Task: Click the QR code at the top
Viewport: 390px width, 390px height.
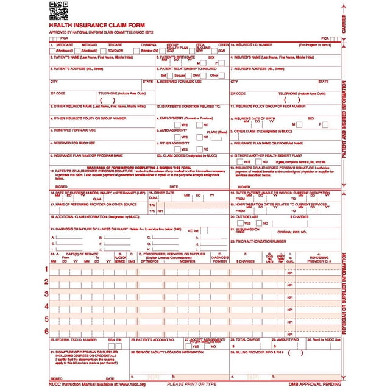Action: click(58, 10)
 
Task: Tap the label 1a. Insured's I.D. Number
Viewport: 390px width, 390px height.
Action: click(253, 45)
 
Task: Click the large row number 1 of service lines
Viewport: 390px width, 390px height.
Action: click(46, 269)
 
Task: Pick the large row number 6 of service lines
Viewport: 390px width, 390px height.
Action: click(46, 331)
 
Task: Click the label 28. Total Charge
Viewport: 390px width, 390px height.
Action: click(249, 339)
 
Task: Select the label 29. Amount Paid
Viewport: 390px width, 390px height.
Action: click(286, 339)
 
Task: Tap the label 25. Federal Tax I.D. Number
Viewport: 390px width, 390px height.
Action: click(73, 339)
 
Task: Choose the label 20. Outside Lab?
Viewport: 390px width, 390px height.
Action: click(244, 216)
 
